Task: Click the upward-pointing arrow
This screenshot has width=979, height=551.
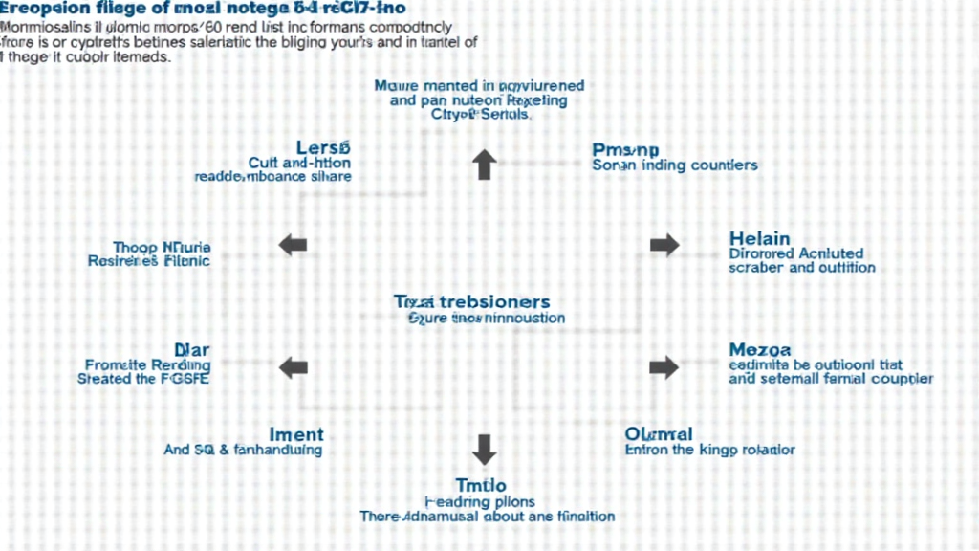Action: pyautogui.click(x=485, y=165)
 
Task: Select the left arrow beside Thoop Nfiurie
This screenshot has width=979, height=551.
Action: pyautogui.click(x=293, y=246)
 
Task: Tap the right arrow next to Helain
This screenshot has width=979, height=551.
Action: pyautogui.click(x=664, y=246)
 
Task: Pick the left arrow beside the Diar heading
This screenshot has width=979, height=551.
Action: pyautogui.click(x=293, y=366)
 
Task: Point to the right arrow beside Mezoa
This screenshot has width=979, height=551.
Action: pyautogui.click(x=664, y=366)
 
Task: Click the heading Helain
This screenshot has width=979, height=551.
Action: pyautogui.click(x=759, y=238)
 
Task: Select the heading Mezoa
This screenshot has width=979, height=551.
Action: pyautogui.click(x=759, y=350)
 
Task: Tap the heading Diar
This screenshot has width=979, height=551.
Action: pyautogui.click(x=191, y=349)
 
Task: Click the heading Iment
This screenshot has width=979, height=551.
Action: pyautogui.click(x=296, y=434)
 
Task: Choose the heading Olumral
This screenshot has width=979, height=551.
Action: pyautogui.click(x=659, y=434)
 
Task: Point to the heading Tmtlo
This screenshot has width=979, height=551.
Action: pyautogui.click(x=480, y=486)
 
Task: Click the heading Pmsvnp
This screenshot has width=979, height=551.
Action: pyautogui.click(x=625, y=149)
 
